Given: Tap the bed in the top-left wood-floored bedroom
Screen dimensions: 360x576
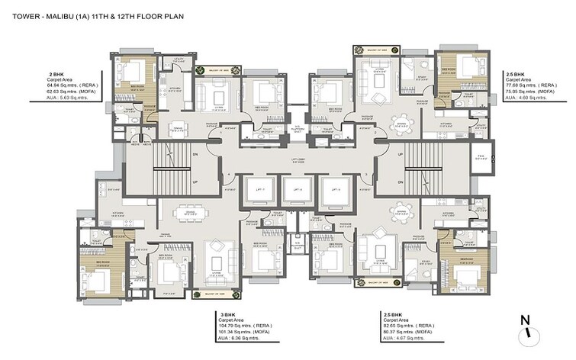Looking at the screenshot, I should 135,75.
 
